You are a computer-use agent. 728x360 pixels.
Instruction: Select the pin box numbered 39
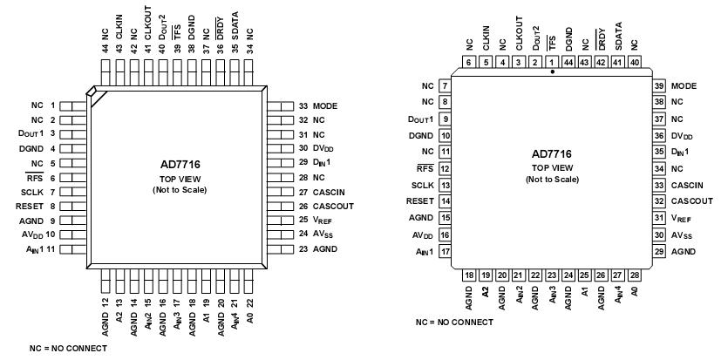click(x=660, y=86)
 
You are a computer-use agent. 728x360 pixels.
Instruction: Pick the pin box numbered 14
click(x=445, y=200)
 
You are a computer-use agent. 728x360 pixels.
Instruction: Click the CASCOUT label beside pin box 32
click(x=692, y=200)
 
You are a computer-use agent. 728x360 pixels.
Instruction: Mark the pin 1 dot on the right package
click(x=552, y=73)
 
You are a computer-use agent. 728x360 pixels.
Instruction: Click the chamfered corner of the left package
click(x=95, y=93)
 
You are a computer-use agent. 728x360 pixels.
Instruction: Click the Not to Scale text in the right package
click(x=552, y=179)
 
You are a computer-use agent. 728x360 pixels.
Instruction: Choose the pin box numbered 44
click(x=568, y=62)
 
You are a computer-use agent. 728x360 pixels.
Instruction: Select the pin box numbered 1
click(x=552, y=62)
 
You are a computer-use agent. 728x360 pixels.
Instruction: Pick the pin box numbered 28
click(x=635, y=275)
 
